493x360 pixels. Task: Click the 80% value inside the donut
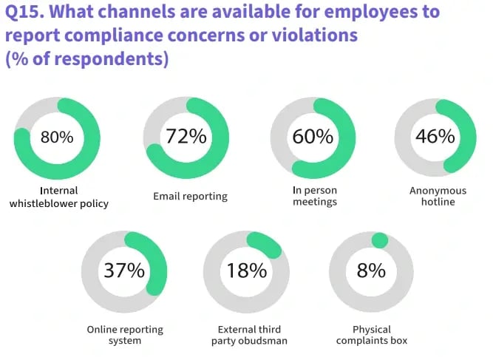tap(57, 137)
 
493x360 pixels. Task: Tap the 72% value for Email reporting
tap(186, 137)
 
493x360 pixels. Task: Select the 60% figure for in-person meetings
tap(313, 137)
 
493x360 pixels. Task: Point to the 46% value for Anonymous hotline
tap(435, 137)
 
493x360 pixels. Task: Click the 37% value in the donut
tap(124, 270)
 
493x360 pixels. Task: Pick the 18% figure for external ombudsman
tap(247, 271)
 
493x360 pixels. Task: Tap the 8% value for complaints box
tap(371, 270)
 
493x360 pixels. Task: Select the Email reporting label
tap(191, 197)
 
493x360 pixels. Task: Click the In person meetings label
tap(314, 196)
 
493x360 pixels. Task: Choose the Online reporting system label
tap(125, 335)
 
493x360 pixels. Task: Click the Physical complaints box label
tap(372, 335)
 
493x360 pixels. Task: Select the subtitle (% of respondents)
tap(86, 59)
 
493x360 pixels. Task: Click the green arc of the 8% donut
tap(379, 240)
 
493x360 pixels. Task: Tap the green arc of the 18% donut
tap(264, 244)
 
